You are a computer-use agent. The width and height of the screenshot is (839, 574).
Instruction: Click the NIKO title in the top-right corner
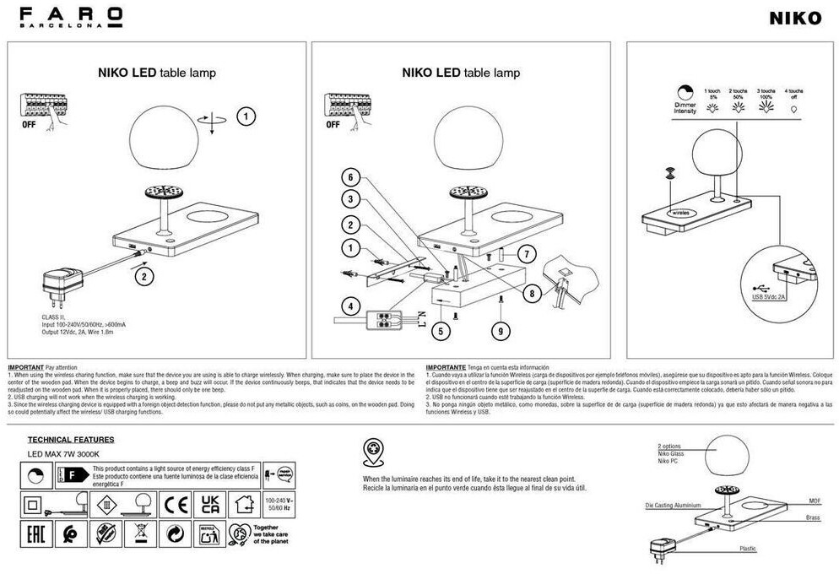(794, 19)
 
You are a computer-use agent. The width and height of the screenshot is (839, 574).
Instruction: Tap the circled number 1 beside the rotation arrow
(246, 116)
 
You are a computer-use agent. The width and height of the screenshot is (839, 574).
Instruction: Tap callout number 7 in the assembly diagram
(525, 253)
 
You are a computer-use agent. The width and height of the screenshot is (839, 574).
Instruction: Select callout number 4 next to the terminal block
(348, 305)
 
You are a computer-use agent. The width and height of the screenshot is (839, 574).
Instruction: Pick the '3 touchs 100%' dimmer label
(766, 94)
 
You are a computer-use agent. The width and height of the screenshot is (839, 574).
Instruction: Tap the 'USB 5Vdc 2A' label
(767, 297)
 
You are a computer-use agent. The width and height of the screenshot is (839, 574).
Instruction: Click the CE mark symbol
(176, 505)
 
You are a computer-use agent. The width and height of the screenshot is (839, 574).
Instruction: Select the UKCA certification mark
(209, 505)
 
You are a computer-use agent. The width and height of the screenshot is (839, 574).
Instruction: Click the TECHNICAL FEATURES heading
(71, 440)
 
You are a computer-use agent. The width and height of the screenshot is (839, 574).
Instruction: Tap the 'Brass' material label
(814, 517)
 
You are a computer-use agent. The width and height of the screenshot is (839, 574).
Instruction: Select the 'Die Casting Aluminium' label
(673, 505)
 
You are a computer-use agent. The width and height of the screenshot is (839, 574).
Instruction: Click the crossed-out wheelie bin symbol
(140, 533)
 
